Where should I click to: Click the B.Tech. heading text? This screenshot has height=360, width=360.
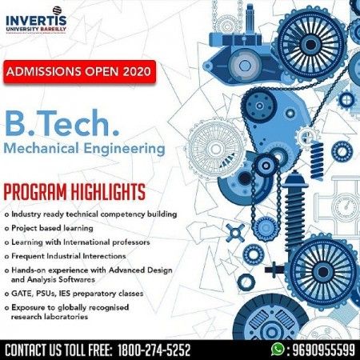pyautogui.click(x=51, y=125)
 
